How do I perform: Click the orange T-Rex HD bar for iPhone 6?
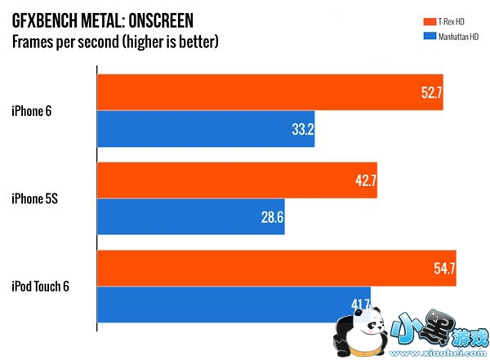tap(269, 92)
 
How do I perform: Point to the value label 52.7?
tap(430, 92)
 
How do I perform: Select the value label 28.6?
tap(272, 218)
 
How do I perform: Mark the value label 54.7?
tap(443, 269)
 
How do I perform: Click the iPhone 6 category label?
tap(33, 109)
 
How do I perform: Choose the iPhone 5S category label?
tap(36, 198)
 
